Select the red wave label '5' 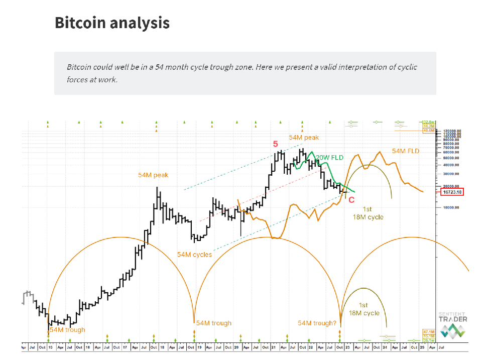[x=275, y=144]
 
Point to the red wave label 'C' [x=351, y=200]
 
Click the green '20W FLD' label [x=329, y=158]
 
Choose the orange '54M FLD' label [x=406, y=151]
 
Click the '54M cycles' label [x=194, y=255]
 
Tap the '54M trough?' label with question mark [x=317, y=323]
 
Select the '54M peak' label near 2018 [x=153, y=175]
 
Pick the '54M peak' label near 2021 [x=303, y=138]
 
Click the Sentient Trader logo [x=452, y=324]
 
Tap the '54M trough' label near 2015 [x=68, y=330]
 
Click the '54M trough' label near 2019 [x=213, y=323]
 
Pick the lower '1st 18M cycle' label [x=364, y=309]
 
